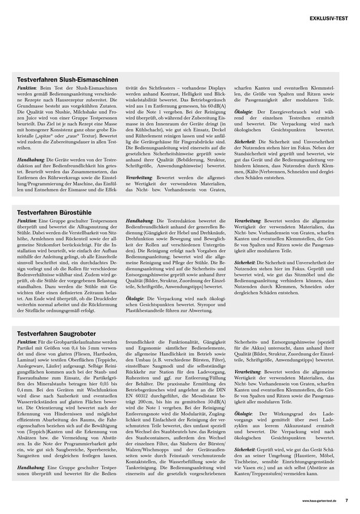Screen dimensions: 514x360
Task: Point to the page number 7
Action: [x=346, y=500]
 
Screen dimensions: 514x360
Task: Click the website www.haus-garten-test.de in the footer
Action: [x=319, y=500]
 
